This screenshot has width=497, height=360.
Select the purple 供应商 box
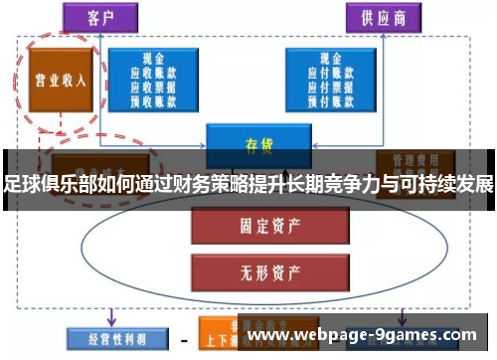378,17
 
